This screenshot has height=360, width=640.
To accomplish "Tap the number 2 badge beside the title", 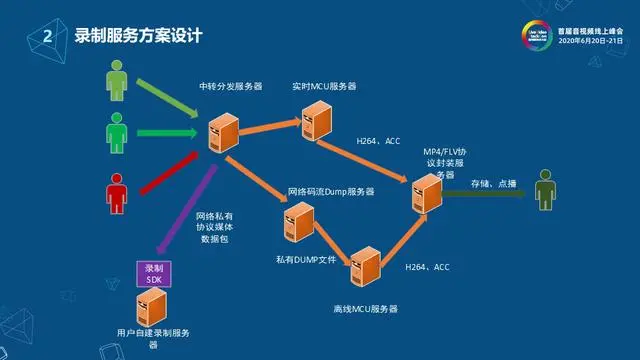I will coord(47,37).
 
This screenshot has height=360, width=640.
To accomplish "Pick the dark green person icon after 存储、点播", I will coord(545,189).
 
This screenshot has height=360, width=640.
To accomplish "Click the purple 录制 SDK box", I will coord(153,274).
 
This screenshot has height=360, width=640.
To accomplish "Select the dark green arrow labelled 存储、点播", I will coord(485,195).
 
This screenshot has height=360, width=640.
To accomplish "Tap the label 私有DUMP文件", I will coord(306,258).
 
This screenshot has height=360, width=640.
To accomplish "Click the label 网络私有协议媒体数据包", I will coord(214,227).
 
